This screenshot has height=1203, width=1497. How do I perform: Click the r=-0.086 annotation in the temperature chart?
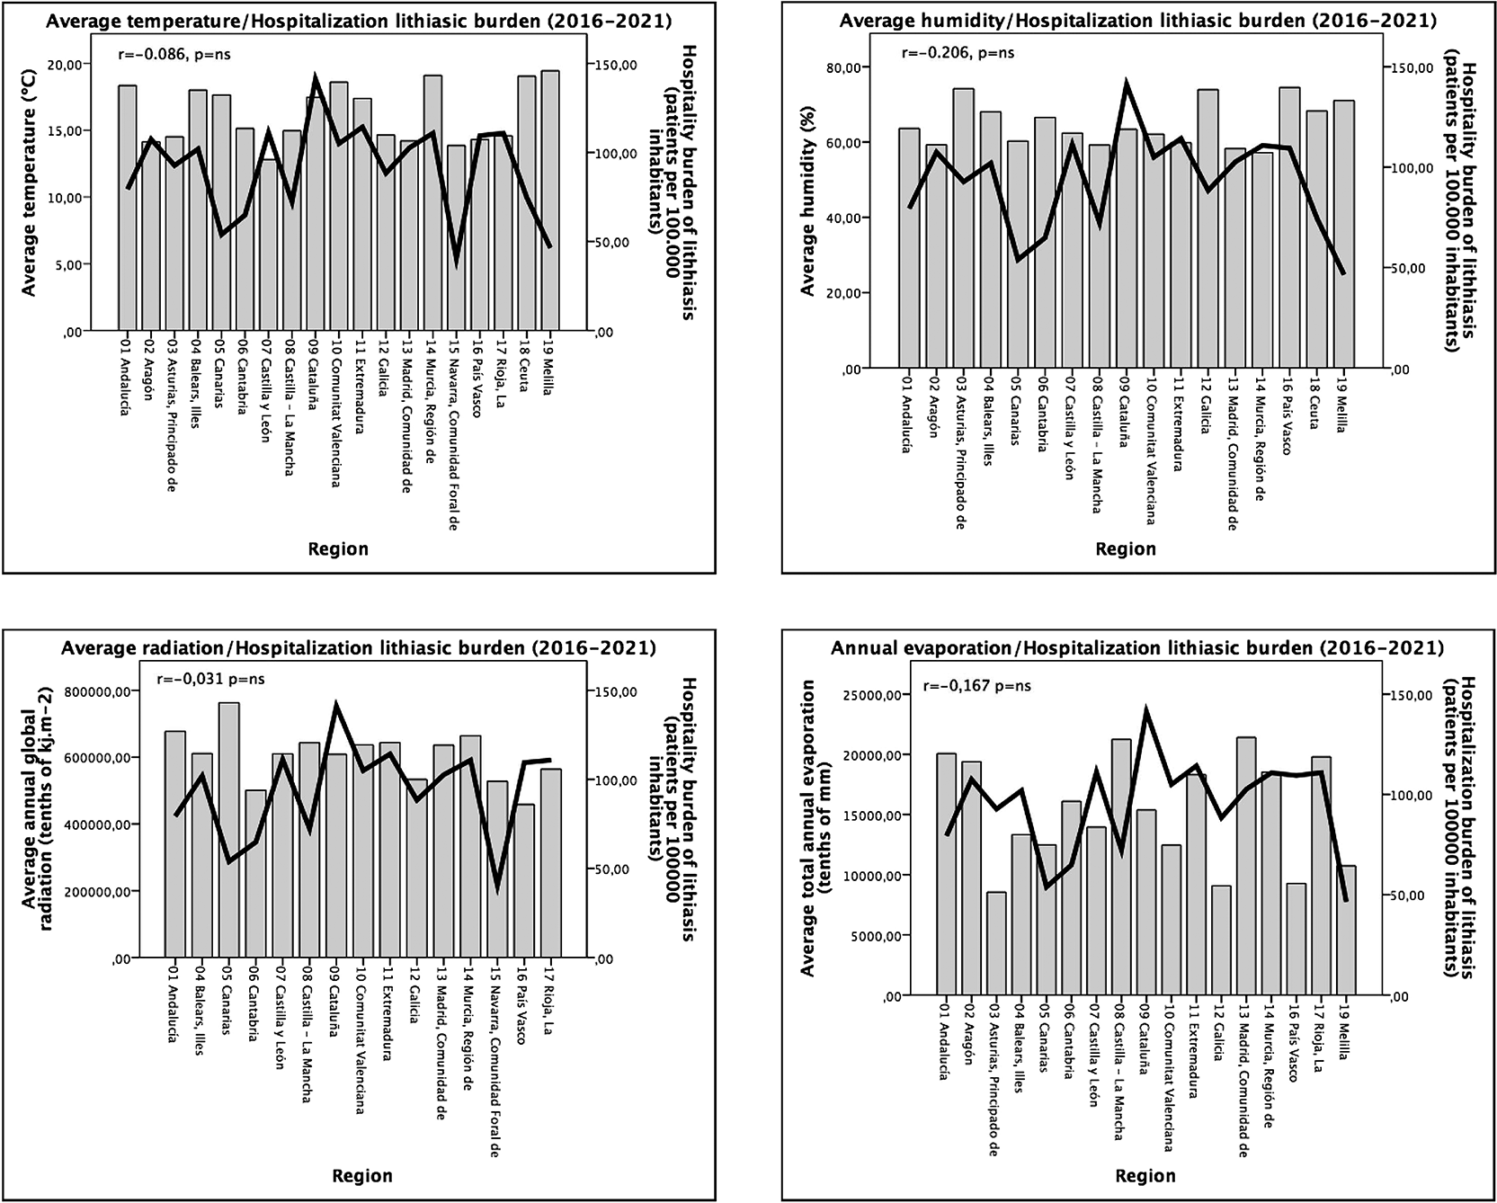[174, 54]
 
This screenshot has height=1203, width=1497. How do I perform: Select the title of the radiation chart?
[359, 648]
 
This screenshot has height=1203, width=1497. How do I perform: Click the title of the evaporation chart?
[1137, 648]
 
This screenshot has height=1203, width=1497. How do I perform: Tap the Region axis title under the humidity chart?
[1126, 548]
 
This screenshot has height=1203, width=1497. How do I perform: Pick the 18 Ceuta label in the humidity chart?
[1316, 401]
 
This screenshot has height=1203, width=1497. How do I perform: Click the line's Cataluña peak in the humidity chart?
[1127, 83]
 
